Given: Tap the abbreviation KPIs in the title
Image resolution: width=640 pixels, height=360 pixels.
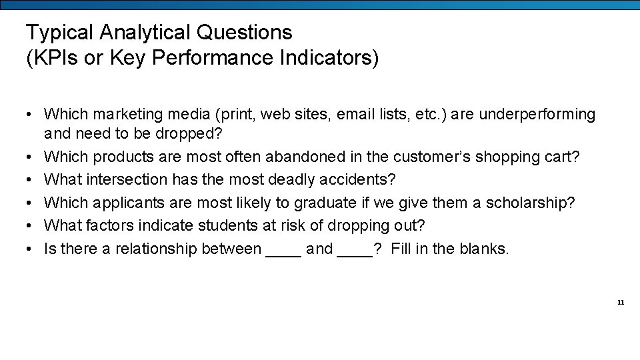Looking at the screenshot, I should [x=52, y=58].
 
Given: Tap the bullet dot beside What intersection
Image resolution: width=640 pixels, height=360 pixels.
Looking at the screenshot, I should [x=31, y=180].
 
